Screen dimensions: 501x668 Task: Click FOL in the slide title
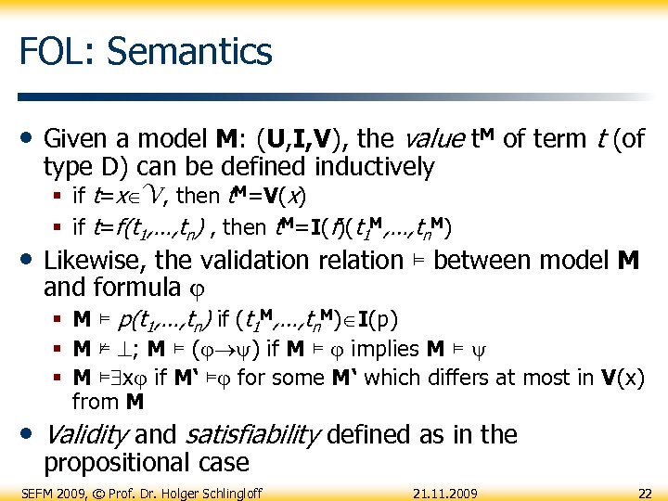(53, 50)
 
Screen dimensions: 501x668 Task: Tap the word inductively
(374, 167)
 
